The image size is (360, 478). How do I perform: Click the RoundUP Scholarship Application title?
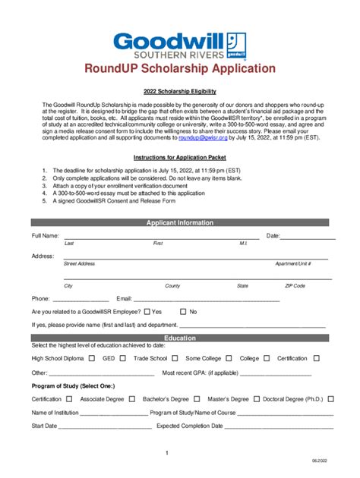coord(180,69)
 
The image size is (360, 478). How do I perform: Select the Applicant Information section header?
coord(180,223)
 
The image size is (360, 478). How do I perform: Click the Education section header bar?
coord(180,338)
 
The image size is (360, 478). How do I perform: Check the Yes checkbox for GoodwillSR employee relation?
coord(146,312)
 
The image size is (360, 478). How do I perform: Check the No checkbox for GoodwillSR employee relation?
coord(183,312)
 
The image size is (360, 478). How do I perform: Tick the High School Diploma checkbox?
coord(92,358)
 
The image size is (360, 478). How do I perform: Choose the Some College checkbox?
coord(229,358)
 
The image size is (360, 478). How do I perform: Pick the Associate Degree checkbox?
coord(131,398)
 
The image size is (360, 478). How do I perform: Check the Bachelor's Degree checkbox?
coord(197,398)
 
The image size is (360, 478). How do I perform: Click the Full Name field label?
coord(46,237)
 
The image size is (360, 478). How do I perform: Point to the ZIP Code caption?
coord(295,286)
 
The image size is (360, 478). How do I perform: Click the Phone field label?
coord(40,299)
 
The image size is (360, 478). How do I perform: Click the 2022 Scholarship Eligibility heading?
coord(180,90)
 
